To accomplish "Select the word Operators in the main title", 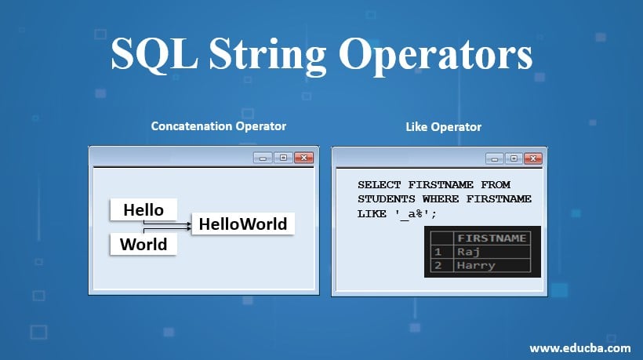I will tap(435, 56).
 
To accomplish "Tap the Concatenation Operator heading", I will tap(218, 125).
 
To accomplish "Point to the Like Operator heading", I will tap(443, 125).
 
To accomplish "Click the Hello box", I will tap(143, 209).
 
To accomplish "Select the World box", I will tap(143, 244).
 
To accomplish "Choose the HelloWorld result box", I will tap(243, 224).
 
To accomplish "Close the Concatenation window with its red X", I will tap(303, 158).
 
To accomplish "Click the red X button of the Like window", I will tap(533, 158).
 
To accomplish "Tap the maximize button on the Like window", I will tap(514, 158).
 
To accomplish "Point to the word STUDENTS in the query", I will tap(387, 199).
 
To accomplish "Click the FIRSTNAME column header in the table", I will tap(492, 238).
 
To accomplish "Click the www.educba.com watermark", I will tap(579, 347).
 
